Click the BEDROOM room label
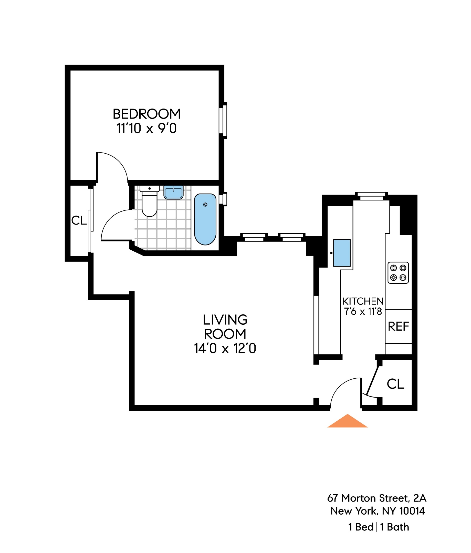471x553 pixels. click(146, 114)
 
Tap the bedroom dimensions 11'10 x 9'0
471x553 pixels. click(146, 129)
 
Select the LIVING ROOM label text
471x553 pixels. click(225, 327)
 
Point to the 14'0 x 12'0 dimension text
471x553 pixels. click(225, 348)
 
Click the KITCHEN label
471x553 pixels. click(363, 301)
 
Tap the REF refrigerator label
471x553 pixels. click(398, 326)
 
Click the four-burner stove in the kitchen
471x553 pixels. click(398, 273)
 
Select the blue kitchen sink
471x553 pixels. click(342, 253)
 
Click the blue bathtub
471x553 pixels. click(205, 219)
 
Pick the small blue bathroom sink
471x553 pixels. click(174, 193)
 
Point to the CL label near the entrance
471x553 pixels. click(395, 384)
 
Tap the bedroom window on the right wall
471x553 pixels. click(223, 121)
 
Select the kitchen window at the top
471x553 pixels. click(371, 196)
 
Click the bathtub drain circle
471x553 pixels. click(205, 205)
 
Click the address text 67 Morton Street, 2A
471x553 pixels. click(376, 498)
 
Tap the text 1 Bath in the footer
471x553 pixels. click(394, 527)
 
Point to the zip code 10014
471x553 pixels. click(412, 511)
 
